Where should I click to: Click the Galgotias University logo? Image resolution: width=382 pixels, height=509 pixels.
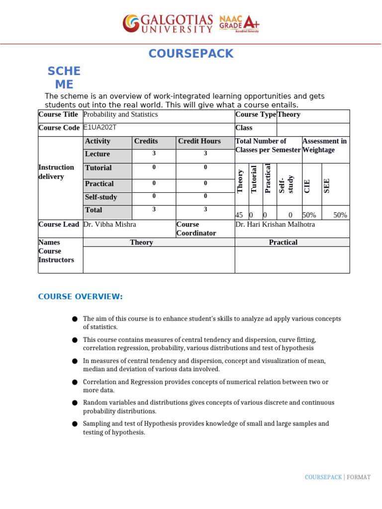(x=168, y=23)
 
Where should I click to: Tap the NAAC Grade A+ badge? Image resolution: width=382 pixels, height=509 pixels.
(x=239, y=23)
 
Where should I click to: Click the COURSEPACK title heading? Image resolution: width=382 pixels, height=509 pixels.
(x=191, y=54)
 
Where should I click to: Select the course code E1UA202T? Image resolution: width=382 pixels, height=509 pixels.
(x=99, y=127)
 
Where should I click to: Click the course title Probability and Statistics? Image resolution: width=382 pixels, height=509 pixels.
(x=120, y=114)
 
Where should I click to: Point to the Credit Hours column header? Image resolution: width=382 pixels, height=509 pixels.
(x=199, y=141)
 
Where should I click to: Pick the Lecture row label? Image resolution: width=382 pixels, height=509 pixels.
(x=97, y=154)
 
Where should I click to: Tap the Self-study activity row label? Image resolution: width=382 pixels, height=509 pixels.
(x=101, y=197)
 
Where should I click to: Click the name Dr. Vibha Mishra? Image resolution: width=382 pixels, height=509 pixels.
(x=109, y=225)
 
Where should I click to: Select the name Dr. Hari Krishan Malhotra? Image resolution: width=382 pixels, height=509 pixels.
(x=275, y=225)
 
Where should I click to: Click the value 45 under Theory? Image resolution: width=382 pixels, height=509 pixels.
(x=239, y=215)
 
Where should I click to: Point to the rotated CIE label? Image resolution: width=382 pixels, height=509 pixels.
(x=307, y=186)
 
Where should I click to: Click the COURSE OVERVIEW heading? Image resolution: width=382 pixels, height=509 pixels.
(x=80, y=297)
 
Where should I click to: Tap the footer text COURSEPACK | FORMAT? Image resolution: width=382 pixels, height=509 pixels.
(x=337, y=477)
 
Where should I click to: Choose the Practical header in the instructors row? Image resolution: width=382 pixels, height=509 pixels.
(x=283, y=243)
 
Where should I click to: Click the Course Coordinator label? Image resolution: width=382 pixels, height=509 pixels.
(x=196, y=229)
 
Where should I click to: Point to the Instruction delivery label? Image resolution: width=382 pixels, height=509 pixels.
(x=56, y=172)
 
